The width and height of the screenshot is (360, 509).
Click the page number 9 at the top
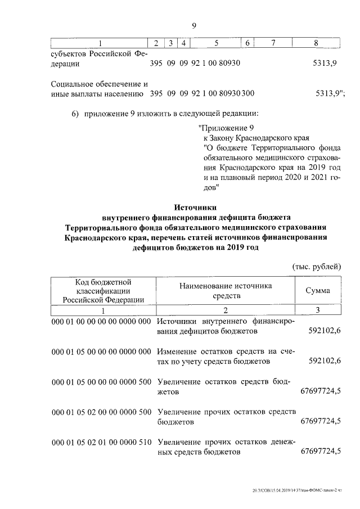point(193,25)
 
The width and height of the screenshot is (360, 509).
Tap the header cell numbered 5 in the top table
point(215,43)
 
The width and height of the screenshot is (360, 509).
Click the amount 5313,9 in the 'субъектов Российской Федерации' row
point(325,64)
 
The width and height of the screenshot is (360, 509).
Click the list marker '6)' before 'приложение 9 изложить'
point(75,114)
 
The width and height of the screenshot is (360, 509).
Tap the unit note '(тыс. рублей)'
point(316,265)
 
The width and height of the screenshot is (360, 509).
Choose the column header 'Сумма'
point(318,291)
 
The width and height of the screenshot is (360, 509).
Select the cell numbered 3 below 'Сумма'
point(318,310)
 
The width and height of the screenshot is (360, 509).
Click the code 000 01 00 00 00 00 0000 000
point(101,322)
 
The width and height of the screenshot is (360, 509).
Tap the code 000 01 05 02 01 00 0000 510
point(101,442)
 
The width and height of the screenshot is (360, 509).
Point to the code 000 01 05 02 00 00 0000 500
point(101,412)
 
